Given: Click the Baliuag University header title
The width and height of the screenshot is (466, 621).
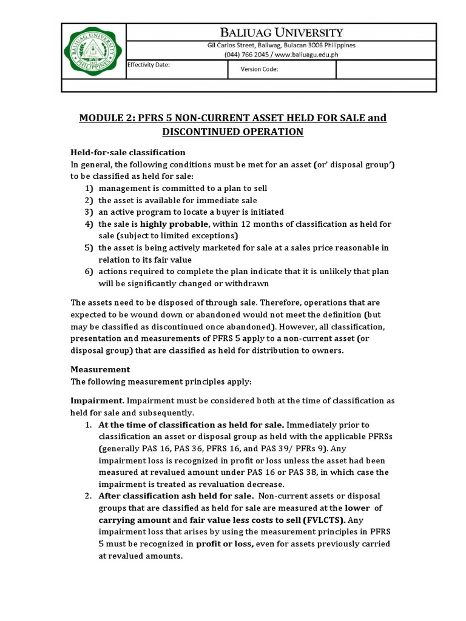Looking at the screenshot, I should [281, 32].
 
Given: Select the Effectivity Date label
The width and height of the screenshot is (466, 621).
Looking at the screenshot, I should [149, 64].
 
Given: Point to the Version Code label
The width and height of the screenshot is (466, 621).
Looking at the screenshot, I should [259, 69].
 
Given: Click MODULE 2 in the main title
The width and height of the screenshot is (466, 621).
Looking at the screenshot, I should [107, 118].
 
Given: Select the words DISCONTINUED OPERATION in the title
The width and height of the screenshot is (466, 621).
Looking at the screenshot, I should [232, 132].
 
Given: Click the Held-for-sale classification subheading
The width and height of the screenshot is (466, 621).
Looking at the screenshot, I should [128, 152].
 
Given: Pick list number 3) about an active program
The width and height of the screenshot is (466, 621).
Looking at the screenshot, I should [89, 212].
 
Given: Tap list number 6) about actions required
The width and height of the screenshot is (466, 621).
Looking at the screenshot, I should [89, 271].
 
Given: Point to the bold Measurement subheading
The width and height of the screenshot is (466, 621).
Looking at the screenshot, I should [100, 369].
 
